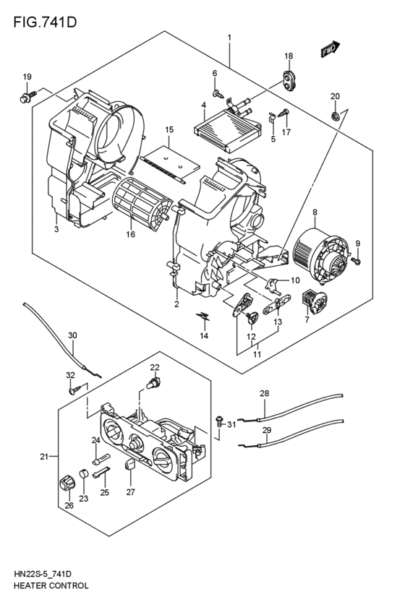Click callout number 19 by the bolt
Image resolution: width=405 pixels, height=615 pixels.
pyautogui.click(x=27, y=77)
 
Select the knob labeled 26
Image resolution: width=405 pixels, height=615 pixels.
pyautogui.click(x=68, y=481)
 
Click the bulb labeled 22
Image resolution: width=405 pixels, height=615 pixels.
pyautogui.click(x=154, y=383)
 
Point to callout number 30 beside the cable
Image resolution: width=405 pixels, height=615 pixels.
pyautogui.click(x=72, y=335)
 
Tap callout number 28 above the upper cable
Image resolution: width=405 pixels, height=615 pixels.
pyautogui.click(x=265, y=393)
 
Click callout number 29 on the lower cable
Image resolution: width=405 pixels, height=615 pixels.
pyautogui.click(x=266, y=431)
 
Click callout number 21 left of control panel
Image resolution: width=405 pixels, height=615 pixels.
pyautogui.click(x=44, y=456)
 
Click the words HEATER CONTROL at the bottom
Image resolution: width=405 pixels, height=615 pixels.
pyautogui.click(x=51, y=586)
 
